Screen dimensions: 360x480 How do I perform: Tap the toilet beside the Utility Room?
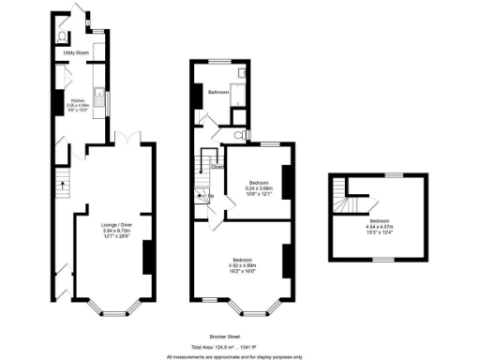tap(61, 37)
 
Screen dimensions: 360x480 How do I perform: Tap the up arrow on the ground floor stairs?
tap(63, 185)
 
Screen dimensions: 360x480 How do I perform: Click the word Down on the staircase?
tap(217, 167)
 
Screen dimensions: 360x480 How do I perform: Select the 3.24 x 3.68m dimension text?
tap(259, 187)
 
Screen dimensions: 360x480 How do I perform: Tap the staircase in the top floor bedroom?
tap(354, 202)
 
